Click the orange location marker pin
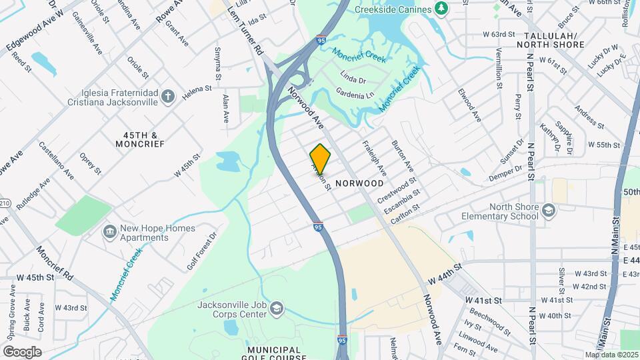tap(320, 159)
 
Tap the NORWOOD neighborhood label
tap(359, 183)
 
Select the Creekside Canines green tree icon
tap(441, 8)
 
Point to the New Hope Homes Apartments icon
tap(109, 233)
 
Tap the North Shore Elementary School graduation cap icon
tap(548, 211)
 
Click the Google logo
tap(22, 351)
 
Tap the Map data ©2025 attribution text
tap(611, 355)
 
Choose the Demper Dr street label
tap(505, 172)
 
